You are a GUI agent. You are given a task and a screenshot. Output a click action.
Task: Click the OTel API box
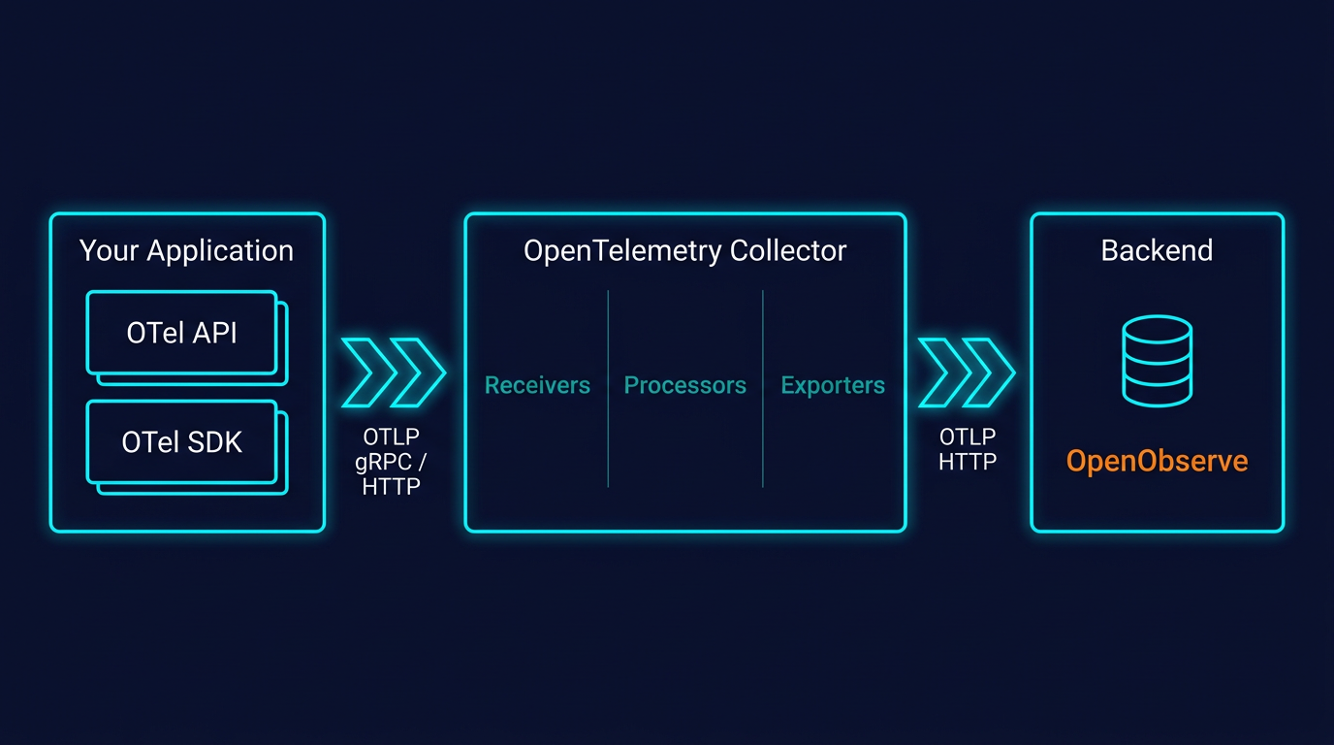[182, 333]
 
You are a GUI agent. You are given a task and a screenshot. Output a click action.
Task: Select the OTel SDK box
[182, 442]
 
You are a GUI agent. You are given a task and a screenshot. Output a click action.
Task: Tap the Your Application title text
[186, 250]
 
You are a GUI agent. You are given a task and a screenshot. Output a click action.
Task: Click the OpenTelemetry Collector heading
[684, 250]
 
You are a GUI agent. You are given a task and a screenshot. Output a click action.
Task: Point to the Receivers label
[537, 385]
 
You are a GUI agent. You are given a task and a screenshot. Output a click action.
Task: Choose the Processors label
[684, 385]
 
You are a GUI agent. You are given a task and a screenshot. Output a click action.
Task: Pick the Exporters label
[833, 385]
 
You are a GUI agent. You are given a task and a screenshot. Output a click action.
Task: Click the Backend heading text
[1157, 250]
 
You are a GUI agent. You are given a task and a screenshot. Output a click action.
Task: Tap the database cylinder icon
[1157, 361]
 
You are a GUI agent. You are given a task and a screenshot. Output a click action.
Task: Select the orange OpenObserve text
[1157, 461]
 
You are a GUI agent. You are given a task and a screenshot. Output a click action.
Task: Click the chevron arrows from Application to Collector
[393, 372]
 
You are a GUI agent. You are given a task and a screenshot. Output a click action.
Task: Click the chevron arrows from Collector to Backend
[966, 372]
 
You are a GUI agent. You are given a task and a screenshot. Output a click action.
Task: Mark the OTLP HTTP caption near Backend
[968, 450]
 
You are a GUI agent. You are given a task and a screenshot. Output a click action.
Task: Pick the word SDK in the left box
[214, 442]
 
